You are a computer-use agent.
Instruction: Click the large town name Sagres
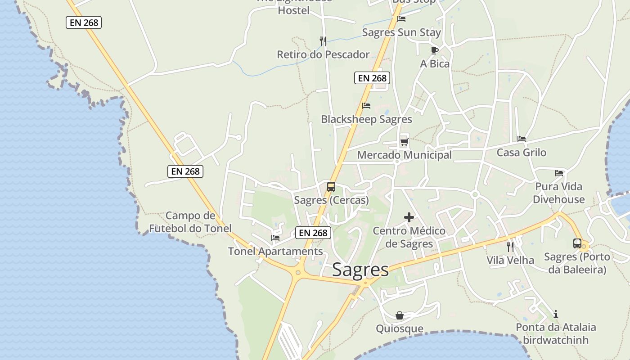pyautogui.click(x=360, y=270)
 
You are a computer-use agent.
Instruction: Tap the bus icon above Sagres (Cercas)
pyautogui.click(x=331, y=186)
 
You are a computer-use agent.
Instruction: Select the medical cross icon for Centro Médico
pyautogui.click(x=409, y=218)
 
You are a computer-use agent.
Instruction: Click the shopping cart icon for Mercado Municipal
pyautogui.click(x=404, y=142)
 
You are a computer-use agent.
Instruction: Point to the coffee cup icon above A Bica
pyautogui.click(x=434, y=50)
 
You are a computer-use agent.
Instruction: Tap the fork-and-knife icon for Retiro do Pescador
pyautogui.click(x=323, y=41)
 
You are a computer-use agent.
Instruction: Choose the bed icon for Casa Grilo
pyautogui.click(x=522, y=139)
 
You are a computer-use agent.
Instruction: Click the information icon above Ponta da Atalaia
pyautogui.click(x=556, y=314)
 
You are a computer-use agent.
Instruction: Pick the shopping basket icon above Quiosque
pyautogui.click(x=400, y=315)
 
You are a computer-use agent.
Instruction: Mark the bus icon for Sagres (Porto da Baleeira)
pyautogui.click(x=577, y=243)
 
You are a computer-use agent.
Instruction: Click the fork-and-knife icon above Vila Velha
pyautogui.click(x=510, y=247)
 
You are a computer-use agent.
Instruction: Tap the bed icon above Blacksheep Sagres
pyautogui.click(x=366, y=106)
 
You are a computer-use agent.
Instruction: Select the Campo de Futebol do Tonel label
pyautogui.click(x=190, y=222)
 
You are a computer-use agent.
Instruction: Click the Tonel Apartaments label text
pyautogui.click(x=275, y=251)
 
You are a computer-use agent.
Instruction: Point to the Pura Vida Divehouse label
pyautogui.click(x=558, y=193)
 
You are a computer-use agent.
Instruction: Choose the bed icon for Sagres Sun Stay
pyautogui.click(x=401, y=19)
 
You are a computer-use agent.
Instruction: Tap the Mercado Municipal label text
pyautogui.click(x=404, y=155)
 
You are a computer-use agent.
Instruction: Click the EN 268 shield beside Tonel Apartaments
pyautogui.click(x=313, y=233)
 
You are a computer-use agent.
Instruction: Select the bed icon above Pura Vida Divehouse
pyautogui.click(x=559, y=173)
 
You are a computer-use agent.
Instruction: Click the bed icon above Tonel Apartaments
pyautogui.click(x=275, y=238)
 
